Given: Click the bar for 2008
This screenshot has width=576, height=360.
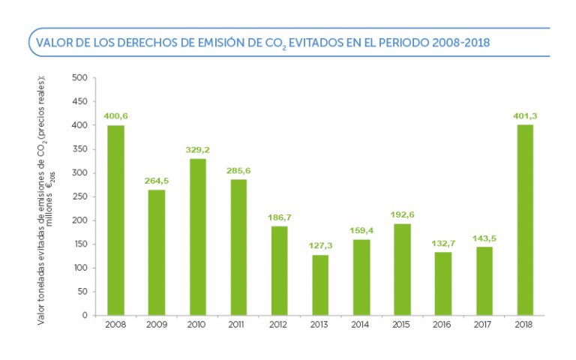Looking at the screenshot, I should click(115, 220).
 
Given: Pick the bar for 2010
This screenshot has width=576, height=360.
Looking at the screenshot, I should click(197, 237).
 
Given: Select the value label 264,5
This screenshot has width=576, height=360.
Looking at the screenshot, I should click(156, 181).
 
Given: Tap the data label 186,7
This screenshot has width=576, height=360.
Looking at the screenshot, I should click(279, 217).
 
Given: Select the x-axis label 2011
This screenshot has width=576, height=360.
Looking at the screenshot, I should click(238, 325).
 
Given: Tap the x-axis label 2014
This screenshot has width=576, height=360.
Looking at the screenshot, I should click(361, 325).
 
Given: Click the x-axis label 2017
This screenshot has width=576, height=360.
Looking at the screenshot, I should click(483, 325).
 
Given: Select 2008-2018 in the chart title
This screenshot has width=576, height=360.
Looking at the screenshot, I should click(461, 43).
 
